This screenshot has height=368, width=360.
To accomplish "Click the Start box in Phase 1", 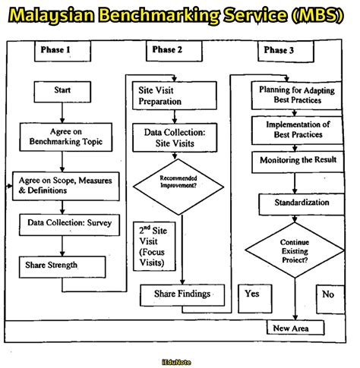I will click(62, 90).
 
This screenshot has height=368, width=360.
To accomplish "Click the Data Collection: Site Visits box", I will click(174, 137).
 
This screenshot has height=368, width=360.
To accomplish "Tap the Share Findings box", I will click(181, 293).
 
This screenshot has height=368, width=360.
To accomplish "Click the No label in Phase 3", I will click(328, 293).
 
